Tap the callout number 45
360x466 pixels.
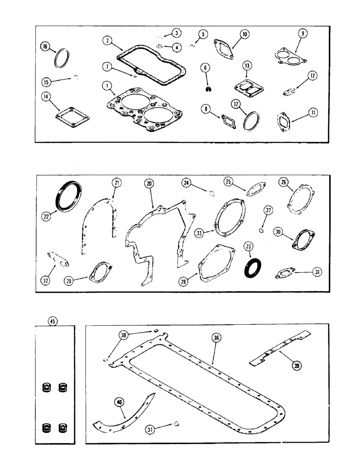pos(53,320)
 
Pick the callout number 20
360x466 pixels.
pos(149,185)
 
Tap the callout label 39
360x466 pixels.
pos(297,366)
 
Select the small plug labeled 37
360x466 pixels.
pos(177,424)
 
